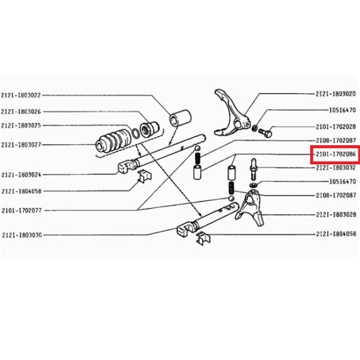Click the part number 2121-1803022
tap(21, 95)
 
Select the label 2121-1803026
tap(21, 111)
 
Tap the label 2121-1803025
tap(21, 126)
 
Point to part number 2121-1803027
tap(21, 145)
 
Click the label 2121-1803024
tap(21, 175)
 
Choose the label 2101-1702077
tap(22, 210)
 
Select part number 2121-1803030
tap(22, 235)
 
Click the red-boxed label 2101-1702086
tap(336, 154)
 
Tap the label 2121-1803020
tap(336, 94)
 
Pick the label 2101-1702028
tap(336, 126)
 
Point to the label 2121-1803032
tap(336, 168)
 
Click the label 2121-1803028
tap(336, 215)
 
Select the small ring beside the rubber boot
tap(135, 134)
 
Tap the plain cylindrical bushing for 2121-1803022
tap(180, 118)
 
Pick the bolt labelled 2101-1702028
tap(265, 132)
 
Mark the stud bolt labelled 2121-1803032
tap(253, 169)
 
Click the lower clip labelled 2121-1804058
tap(203, 238)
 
